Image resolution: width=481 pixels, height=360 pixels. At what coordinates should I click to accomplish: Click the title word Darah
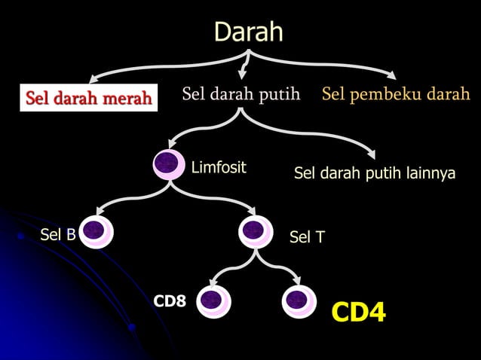pyautogui.click(x=248, y=32)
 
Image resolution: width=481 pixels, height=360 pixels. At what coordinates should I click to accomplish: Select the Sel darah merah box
pyautogui.click(x=89, y=98)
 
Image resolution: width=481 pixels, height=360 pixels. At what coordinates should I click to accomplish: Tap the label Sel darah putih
pyautogui.click(x=240, y=95)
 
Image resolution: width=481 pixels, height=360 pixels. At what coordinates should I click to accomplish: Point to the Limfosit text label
pyautogui.click(x=219, y=167)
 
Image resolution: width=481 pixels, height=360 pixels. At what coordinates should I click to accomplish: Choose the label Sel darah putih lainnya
pyautogui.click(x=374, y=174)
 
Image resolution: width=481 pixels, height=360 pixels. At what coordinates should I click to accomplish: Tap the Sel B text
pyautogui.click(x=57, y=235)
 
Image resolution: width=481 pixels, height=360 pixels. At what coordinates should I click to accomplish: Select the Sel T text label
pyautogui.click(x=307, y=238)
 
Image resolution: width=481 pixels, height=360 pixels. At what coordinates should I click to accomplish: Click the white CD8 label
pyautogui.click(x=170, y=301)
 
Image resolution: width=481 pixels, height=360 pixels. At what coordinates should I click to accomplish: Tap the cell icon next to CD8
pyautogui.click(x=213, y=301)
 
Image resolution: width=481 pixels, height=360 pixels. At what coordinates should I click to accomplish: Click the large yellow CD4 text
pyautogui.click(x=358, y=311)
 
